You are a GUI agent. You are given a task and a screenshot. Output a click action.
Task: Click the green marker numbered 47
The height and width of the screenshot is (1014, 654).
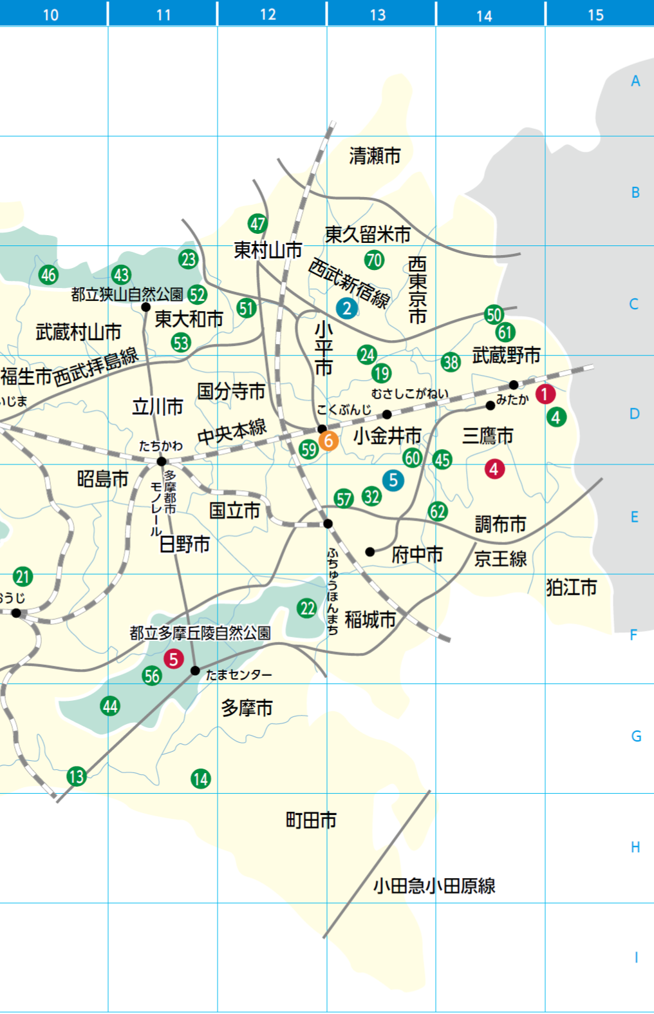(x=257, y=224)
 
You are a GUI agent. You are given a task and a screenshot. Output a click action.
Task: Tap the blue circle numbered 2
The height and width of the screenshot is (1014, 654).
(x=347, y=308)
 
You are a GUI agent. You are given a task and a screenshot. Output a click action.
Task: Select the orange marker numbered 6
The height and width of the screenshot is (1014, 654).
(x=328, y=441)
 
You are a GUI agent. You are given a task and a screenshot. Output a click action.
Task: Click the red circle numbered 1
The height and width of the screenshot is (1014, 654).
(x=545, y=394)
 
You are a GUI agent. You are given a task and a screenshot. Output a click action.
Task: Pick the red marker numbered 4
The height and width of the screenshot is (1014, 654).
(x=494, y=469)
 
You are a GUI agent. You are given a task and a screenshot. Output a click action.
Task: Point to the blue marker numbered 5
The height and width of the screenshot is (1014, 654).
(x=393, y=480)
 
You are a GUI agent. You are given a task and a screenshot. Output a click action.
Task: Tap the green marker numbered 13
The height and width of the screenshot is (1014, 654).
(x=77, y=776)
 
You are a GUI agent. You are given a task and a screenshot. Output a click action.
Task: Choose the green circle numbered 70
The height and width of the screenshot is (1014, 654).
(x=374, y=260)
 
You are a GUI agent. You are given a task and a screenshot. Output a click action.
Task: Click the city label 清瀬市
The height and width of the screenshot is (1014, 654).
(x=375, y=155)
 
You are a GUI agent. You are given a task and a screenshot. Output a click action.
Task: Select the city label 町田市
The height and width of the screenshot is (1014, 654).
(x=311, y=820)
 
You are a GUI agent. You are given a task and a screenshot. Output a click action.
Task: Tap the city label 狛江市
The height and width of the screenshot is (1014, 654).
(x=571, y=587)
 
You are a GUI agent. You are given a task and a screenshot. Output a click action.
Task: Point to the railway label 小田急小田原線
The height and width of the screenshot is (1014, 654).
(x=434, y=886)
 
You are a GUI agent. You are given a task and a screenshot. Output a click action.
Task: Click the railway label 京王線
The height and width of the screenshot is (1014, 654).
(x=500, y=559)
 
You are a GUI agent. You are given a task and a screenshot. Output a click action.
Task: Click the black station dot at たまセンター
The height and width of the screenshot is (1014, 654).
(x=195, y=671)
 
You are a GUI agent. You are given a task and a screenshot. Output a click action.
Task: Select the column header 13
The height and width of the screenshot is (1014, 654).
(x=378, y=14)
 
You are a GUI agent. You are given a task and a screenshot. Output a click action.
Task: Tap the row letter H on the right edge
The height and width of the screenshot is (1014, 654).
(x=635, y=847)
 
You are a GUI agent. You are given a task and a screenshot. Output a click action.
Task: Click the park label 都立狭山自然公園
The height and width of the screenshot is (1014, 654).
(x=127, y=294)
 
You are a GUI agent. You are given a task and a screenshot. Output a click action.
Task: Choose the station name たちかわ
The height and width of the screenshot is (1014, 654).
(x=161, y=446)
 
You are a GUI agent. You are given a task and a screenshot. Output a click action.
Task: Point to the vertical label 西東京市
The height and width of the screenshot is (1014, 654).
(x=417, y=290)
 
